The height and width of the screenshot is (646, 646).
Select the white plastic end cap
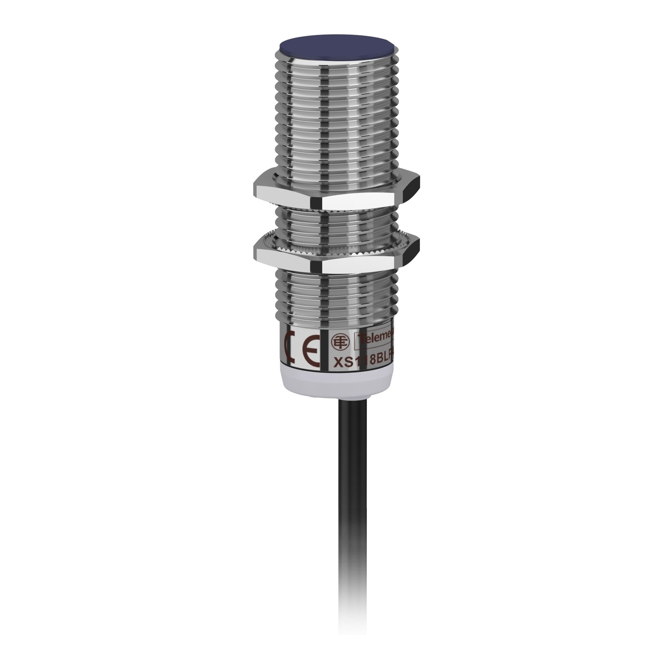(335, 383)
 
